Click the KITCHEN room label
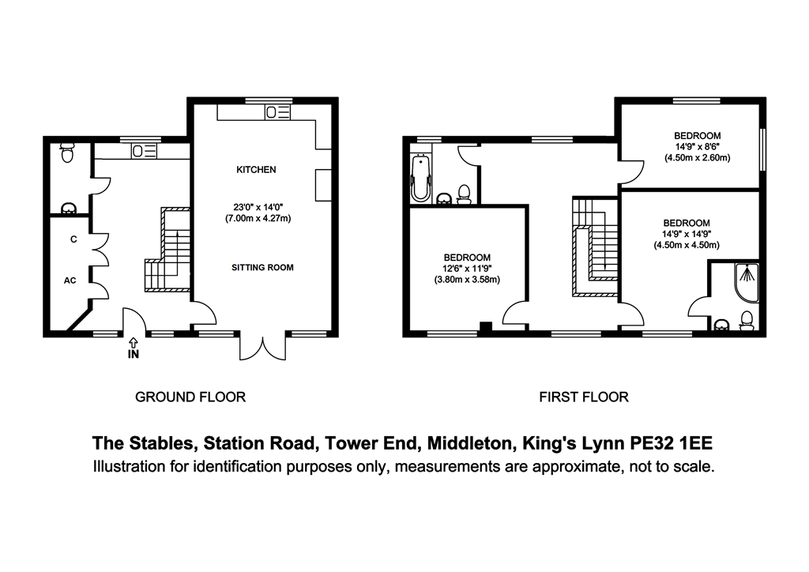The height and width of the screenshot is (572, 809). pos(256,170)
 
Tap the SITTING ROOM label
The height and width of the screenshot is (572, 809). pos(262,268)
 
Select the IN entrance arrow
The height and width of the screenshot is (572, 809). pos(133,342)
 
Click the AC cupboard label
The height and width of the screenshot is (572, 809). pos(70,280)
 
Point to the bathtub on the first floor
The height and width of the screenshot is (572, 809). pos(422,178)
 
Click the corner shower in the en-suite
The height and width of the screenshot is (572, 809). pos(746,283)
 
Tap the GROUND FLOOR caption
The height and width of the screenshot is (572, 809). pos(190,397)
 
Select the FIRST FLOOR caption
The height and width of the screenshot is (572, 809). pos(584,397)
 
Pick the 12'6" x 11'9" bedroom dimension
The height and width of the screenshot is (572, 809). pos(467,269)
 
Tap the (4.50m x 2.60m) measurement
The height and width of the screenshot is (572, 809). pos(697,158)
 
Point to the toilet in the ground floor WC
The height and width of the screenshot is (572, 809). pos(67,152)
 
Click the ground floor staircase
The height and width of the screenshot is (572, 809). pos(167,250)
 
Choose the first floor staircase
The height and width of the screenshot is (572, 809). pos(595,246)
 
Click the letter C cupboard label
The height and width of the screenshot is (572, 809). pos(73,239)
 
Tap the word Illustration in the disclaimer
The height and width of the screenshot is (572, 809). pos(129,467)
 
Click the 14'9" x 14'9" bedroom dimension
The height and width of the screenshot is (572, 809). pos(687,234)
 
